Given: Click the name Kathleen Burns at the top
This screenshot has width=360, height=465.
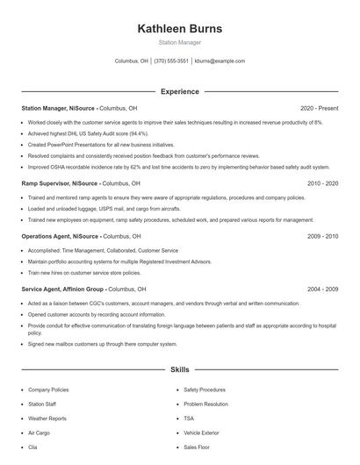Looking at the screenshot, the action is click(x=179, y=28).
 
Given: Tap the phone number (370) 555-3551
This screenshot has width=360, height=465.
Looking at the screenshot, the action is click(x=171, y=61).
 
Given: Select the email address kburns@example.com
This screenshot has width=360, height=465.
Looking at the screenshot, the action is click(x=220, y=61).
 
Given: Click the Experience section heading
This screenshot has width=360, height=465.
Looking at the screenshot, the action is click(x=179, y=91).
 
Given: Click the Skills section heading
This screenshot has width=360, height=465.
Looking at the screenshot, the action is click(x=179, y=371).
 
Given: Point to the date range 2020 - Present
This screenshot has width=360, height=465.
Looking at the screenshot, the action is click(x=319, y=108).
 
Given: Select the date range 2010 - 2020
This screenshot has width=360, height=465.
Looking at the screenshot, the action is click(x=322, y=183).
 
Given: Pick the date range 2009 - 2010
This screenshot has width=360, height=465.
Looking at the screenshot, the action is click(x=322, y=236).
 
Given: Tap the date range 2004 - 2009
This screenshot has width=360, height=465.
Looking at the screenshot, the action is click(x=322, y=289).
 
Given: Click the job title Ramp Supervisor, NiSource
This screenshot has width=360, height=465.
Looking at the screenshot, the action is click(x=59, y=183).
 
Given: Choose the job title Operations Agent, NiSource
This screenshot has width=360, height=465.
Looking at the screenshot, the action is click(x=61, y=236).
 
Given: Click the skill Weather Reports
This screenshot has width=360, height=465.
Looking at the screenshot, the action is click(x=47, y=418).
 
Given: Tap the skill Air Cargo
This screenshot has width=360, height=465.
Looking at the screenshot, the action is click(x=39, y=433).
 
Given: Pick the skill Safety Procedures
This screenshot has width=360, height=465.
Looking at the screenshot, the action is click(x=205, y=390).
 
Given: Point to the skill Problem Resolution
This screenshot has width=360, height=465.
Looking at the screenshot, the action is click(x=205, y=404).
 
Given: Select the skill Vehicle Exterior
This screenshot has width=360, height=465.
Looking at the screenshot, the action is click(x=201, y=433).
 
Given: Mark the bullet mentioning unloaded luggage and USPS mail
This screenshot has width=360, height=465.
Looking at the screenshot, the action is click(x=104, y=210).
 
